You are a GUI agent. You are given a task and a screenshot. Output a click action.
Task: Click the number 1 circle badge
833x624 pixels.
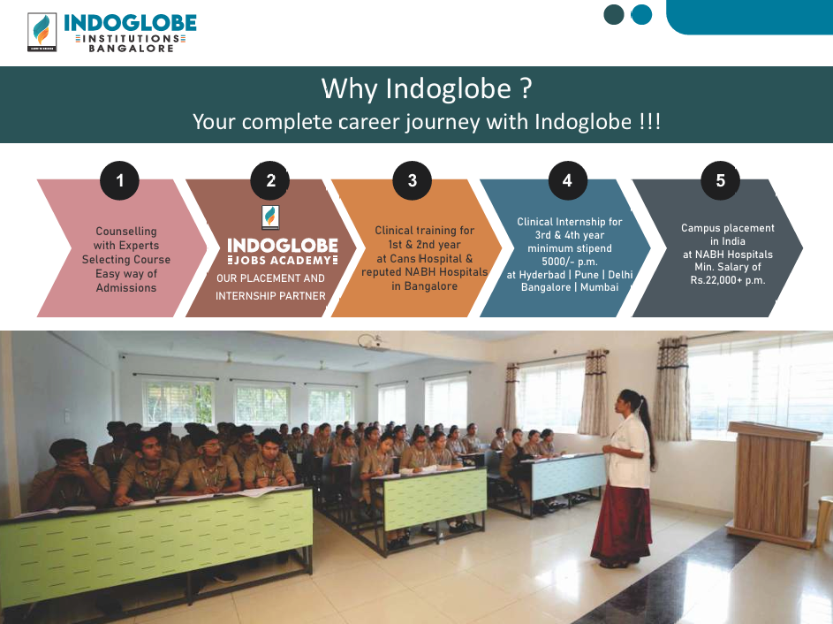(119, 180)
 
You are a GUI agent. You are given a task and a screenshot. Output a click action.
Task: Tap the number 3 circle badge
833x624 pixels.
(413, 180)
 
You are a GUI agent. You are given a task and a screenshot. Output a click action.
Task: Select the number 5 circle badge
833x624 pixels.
(721, 180)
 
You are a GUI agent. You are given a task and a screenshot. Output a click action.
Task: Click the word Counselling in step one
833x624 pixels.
(126, 232)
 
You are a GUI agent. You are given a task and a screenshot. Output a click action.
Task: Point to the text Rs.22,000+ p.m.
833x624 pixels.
(728, 280)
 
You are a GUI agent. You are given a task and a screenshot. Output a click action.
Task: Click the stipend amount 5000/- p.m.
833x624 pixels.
(570, 262)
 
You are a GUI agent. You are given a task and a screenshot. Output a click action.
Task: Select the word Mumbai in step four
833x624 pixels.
(599, 287)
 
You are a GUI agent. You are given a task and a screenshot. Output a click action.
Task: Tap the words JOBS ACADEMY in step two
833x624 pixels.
(283, 261)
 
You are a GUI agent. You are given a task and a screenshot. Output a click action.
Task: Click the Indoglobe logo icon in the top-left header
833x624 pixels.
(42, 32)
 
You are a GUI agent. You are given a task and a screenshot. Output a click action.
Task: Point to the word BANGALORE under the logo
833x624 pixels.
(132, 49)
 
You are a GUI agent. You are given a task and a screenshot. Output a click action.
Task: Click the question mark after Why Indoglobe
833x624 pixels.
(526, 88)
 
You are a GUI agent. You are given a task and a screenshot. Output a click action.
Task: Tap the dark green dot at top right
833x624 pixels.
(614, 14)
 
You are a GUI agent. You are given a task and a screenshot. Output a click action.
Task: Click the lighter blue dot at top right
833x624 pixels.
(641, 14)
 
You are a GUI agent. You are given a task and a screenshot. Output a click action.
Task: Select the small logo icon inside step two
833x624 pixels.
(270, 217)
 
